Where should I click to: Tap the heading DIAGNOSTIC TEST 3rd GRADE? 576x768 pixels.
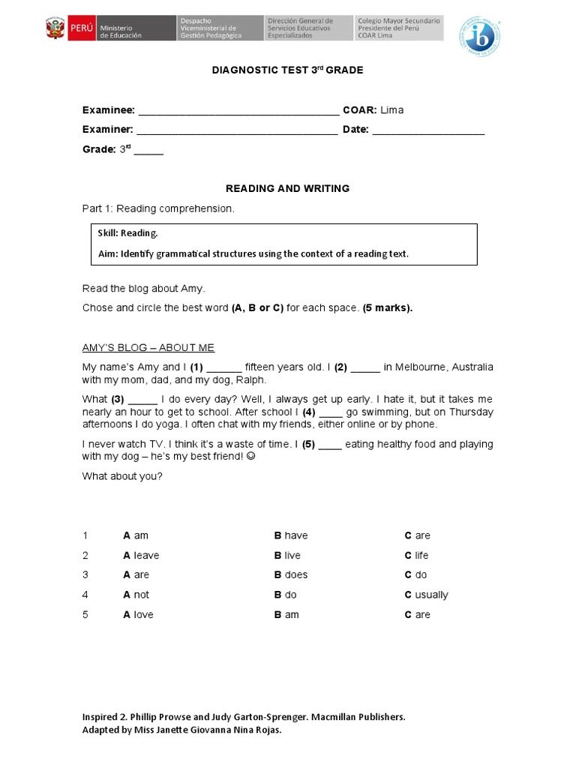[x=288, y=70]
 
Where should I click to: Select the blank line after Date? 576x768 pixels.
[x=428, y=130]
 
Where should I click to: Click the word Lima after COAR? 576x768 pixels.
[x=391, y=110]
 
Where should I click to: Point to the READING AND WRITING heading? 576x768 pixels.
[x=288, y=188]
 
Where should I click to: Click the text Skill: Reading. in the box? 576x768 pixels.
[x=127, y=233]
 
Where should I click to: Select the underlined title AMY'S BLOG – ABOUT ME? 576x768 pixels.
[x=148, y=347]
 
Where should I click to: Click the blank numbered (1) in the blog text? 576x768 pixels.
[x=223, y=367]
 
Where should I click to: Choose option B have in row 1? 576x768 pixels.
[x=291, y=535]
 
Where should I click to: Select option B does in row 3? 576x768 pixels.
[x=291, y=574]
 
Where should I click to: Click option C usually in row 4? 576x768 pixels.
[x=426, y=595]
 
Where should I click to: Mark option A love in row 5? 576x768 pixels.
[x=138, y=614]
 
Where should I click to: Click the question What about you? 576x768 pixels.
[x=121, y=476]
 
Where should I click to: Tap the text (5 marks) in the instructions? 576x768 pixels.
[x=388, y=307]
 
